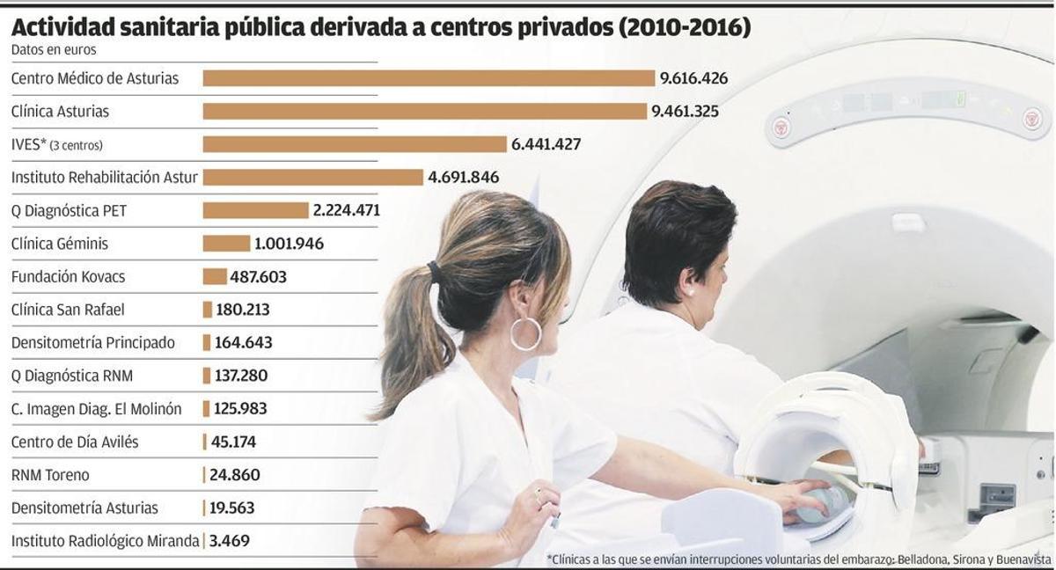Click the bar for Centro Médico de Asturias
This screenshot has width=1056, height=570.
pyautogui.click(x=429, y=78)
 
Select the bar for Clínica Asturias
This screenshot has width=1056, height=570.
pyautogui.click(x=424, y=112)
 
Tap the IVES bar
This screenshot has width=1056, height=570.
pyautogui.click(x=355, y=144)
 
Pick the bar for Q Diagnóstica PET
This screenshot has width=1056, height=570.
pyautogui.click(x=255, y=210)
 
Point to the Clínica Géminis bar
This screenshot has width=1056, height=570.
pyautogui.click(x=226, y=244)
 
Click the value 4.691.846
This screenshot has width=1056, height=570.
pyautogui.click(x=463, y=178)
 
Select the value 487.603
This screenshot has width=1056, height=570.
pyautogui.click(x=259, y=277)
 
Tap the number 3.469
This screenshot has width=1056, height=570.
pyautogui.click(x=229, y=541)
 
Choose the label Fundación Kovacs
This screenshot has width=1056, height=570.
pyautogui.click(x=68, y=277)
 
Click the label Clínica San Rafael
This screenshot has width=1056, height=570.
pyautogui.click(x=68, y=310)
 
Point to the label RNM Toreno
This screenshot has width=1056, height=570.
pyautogui.click(x=50, y=475)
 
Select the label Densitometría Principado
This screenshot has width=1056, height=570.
pyautogui.click(x=92, y=343)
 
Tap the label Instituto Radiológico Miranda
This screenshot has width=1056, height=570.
pyautogui.click(x=105, y=541)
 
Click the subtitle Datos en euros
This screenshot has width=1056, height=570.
pyautogui.click(x=54, y=50)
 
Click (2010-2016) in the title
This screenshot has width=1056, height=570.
pyautogui.click(x=685, y=27)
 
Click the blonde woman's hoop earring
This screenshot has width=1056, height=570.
pyautogui.click(x=526, y=333)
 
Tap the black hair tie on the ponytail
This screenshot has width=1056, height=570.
pyautogui.click(x=434, y=271)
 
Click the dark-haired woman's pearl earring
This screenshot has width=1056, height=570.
pyautogui.click(x=690, y=289)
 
